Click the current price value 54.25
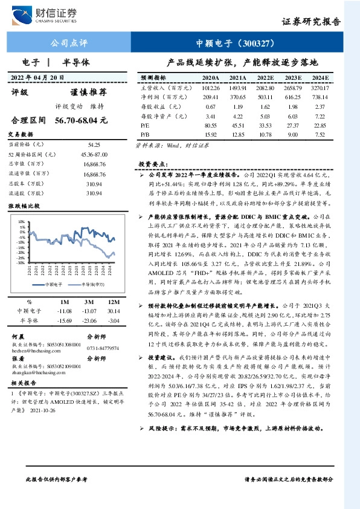click(x=94, y=145)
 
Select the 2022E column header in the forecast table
click(x=265, y=78)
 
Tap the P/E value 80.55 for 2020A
click(x=211, y=124)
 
